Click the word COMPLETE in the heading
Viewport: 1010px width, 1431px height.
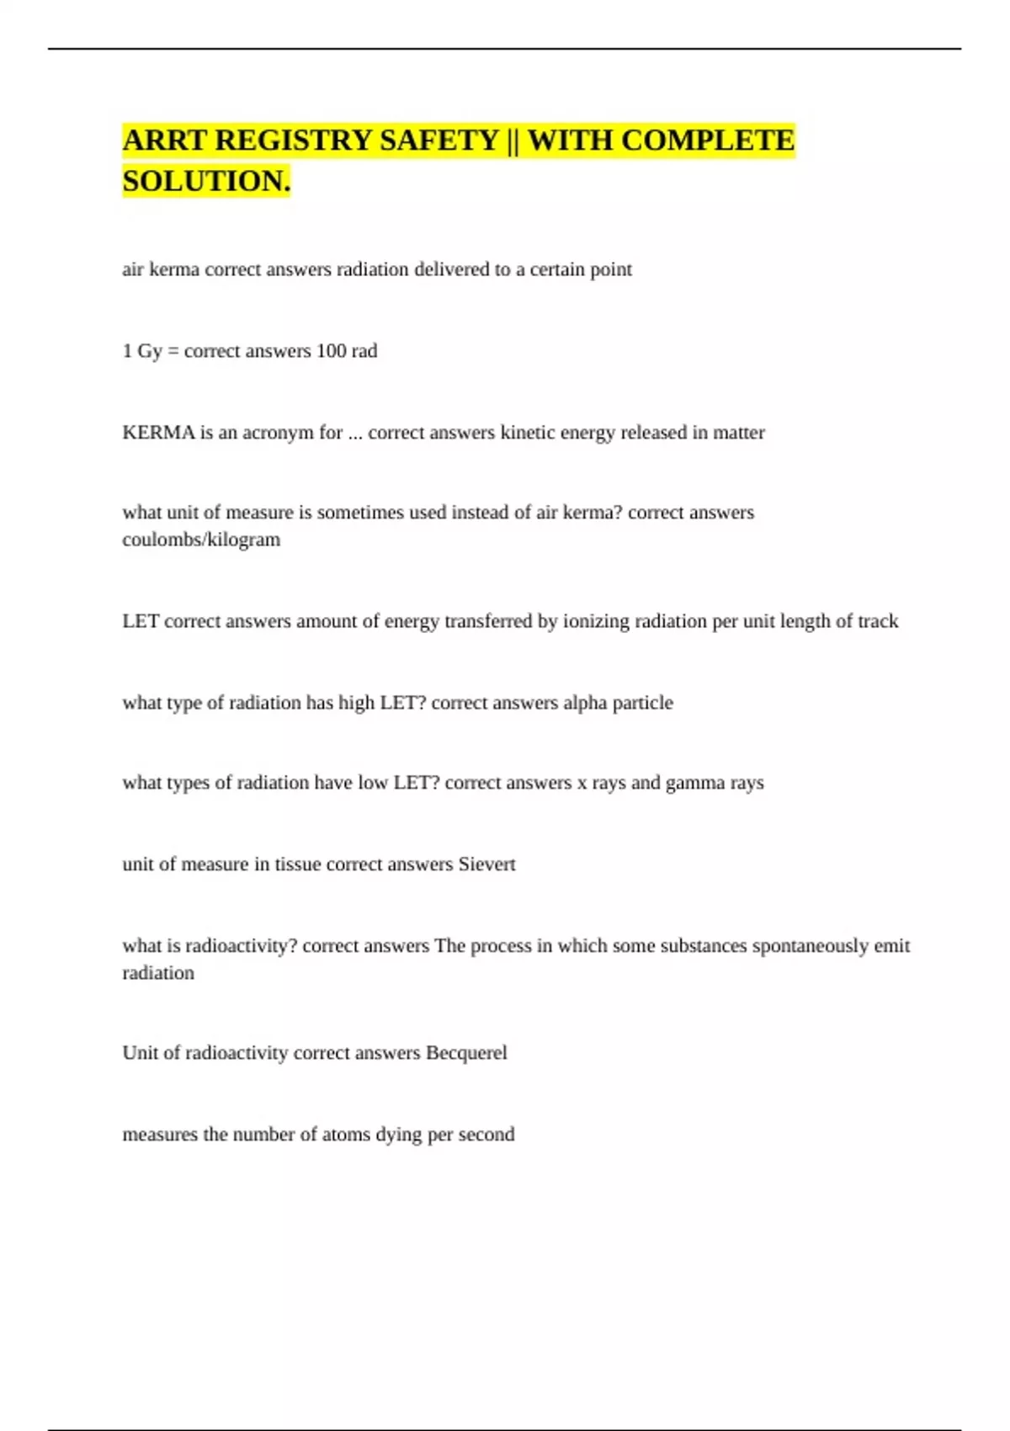(707, 140)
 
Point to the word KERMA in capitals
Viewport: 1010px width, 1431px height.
(158, 433)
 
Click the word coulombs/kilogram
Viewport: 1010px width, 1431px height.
(201, 540)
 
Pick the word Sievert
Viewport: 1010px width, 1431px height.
(486, 864)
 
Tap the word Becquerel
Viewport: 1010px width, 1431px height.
(466, 1053)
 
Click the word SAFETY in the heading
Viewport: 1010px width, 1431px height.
(439, 140)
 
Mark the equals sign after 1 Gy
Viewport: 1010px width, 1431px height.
(173, 351)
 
